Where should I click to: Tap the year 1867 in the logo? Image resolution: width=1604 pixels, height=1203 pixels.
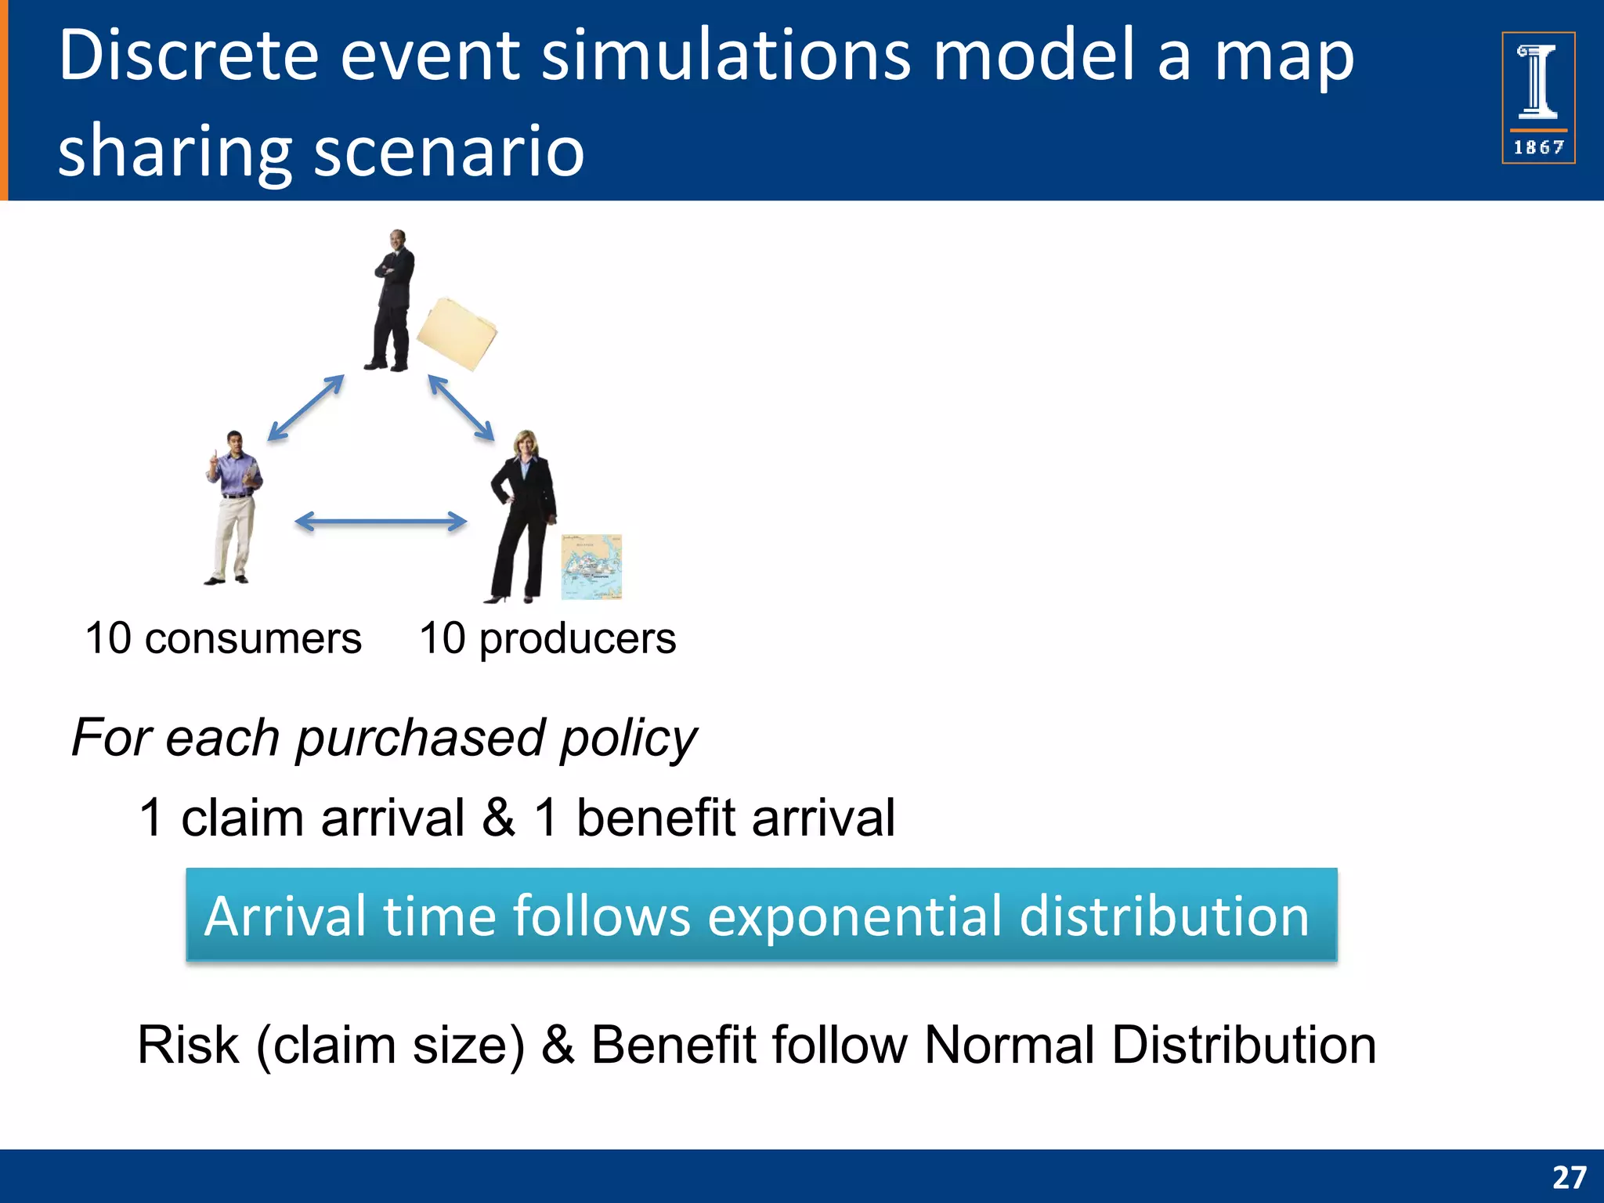tap(1538, 147)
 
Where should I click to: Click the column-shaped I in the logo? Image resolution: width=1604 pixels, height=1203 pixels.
tap(1538, 81)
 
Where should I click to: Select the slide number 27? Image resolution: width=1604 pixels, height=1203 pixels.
tap(1569, 1177)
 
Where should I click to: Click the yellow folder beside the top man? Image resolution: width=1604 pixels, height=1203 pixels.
tap(457, 333)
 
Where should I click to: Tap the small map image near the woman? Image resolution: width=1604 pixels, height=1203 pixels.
tap(592, 567)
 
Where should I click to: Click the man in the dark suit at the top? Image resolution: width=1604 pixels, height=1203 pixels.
tap(392, 302)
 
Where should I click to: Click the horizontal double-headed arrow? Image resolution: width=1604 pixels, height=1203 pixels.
tap(381, 522)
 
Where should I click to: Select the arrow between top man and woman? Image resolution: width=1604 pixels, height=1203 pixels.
tap(461, 408)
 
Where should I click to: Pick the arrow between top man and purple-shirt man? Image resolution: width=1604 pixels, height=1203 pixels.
tap(305, 408)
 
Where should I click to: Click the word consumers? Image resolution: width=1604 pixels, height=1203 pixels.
tap(253, 638)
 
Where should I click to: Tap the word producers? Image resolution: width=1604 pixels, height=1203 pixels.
tap(577, 638)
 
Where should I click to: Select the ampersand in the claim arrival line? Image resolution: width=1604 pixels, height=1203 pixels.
tap(498, 817)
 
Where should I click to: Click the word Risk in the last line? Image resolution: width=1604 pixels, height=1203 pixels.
tap(188, 1045)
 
